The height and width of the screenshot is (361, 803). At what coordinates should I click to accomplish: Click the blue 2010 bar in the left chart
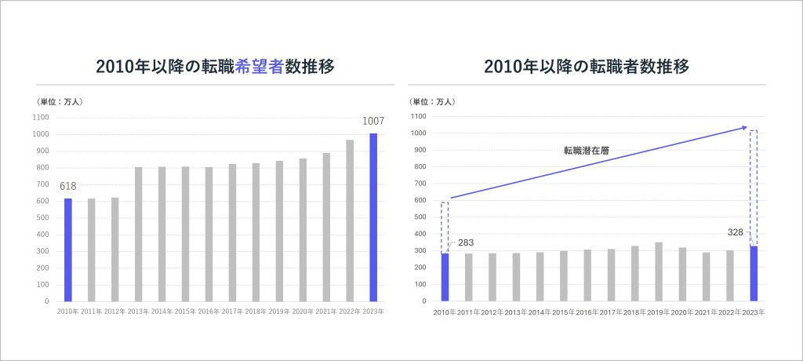[x=67, y=250]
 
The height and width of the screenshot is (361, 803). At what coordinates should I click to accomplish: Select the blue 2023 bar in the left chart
[x=373, y=217]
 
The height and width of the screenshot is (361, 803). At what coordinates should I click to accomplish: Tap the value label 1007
[x=373, y=122]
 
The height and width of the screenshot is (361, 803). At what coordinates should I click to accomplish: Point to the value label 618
[x=67, y=185]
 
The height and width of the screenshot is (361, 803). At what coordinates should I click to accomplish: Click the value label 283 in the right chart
[x=466, y=242]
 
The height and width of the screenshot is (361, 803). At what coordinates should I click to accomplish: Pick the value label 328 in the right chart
[x=735, y=233]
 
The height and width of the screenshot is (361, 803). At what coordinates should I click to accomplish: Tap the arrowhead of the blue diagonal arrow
[x=743, y=127]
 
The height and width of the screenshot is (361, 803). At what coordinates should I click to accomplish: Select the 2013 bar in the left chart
[x=138, y=234]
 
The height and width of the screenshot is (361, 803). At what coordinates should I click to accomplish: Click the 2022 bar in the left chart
[x=350, y=221]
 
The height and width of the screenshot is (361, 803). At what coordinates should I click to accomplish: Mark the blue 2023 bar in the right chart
[x=754, y=273]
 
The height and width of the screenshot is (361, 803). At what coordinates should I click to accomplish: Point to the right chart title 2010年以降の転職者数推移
[x=587, y=67]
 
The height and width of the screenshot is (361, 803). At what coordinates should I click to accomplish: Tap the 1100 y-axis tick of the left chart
[x=40, y=118]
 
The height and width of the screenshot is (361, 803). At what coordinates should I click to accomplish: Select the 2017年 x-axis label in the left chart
[x=232, y=312]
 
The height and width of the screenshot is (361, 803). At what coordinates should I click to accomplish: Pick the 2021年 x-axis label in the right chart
[x=707, y=312]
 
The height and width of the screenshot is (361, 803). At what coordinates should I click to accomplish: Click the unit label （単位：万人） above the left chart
[x=59, y=101]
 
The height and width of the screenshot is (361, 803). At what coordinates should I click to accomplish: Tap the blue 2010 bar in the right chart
[x=445, y=277]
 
